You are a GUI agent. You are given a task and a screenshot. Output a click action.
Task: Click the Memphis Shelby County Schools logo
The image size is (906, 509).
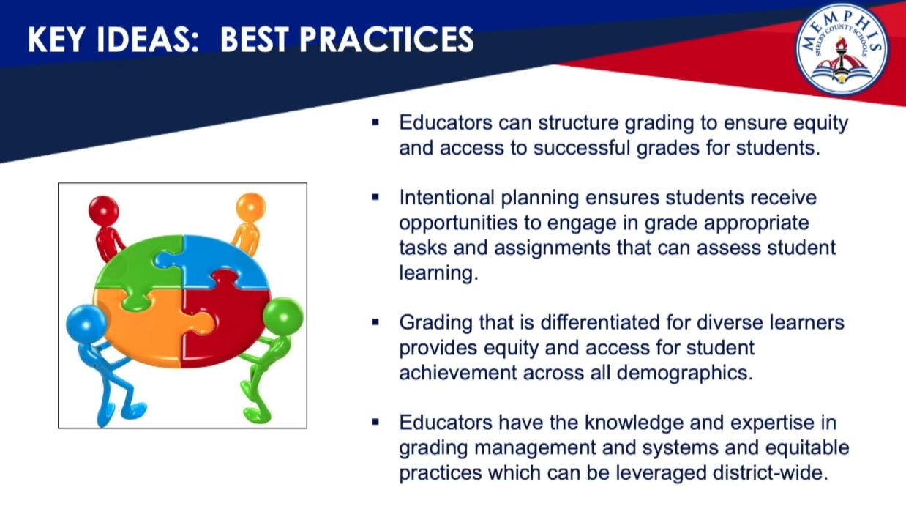pos(842,48)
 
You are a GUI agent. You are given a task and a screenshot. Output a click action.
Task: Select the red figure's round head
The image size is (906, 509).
pos(104,211)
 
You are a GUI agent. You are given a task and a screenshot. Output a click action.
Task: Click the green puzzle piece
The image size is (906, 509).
pos(135,269)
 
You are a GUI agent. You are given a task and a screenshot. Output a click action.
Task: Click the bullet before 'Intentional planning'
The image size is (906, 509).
pos(375,198)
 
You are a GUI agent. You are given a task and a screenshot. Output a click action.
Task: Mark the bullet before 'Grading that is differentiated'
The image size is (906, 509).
pos(375,322)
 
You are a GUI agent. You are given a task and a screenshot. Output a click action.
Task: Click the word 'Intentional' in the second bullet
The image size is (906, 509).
pos(446,198)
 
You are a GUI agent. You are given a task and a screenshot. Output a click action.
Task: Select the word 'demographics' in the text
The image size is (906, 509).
pos(685,373)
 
